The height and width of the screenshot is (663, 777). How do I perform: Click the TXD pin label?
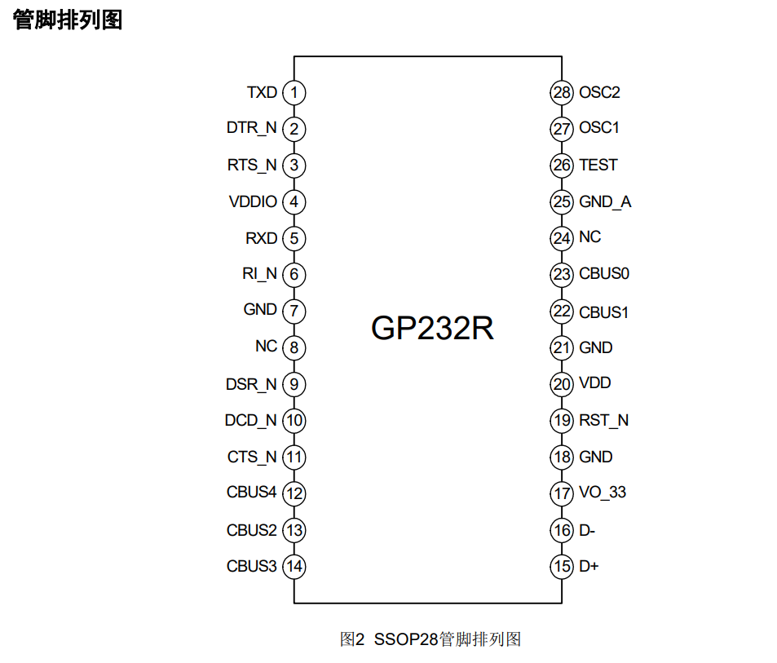(262, 92)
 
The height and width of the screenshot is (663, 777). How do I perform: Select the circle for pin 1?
(294, 93)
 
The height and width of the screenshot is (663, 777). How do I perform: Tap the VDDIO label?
(253, 201)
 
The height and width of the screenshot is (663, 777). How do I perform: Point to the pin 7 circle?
(294, 311)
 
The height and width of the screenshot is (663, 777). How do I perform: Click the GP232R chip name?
(432, 328)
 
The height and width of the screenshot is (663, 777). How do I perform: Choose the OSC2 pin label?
(599, 92)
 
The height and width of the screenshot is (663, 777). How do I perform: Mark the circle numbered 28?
(562, 92)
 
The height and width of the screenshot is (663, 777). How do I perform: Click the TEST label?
(598, 165)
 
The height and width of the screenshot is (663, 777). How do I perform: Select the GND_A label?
(605, 201)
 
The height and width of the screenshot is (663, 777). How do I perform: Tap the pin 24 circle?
(562, 238)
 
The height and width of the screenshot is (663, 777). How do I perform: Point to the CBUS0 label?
(604, 274)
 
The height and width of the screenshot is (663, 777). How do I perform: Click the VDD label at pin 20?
(595, 383)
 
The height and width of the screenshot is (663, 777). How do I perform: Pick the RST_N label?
(603, 421)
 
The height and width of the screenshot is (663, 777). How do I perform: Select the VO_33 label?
(603, 493)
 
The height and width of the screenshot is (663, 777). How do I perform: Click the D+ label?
(589, 566)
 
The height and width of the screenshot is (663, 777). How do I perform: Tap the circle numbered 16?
(562, 530)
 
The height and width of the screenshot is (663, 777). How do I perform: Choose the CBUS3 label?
(252, 566)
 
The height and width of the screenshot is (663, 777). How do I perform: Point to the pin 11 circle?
(294, 457)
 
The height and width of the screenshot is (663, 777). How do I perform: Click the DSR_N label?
(251, 384)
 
